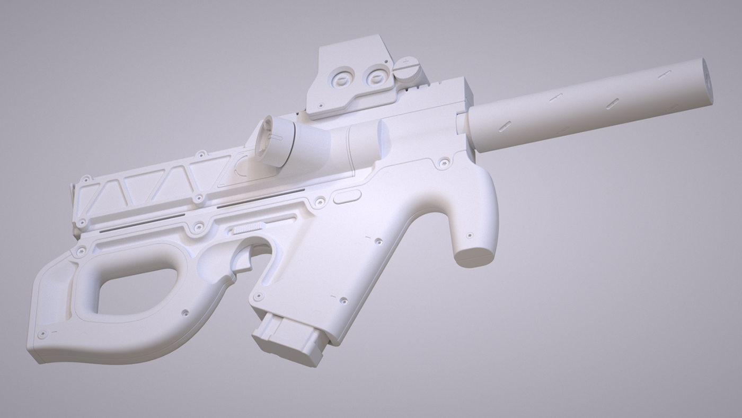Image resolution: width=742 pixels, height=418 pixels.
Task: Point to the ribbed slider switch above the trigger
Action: [x=248, y=228]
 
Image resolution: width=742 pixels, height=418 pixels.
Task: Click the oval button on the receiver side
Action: [x=348, y=198]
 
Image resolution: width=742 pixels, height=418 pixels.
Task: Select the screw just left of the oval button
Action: [x=320, y=202]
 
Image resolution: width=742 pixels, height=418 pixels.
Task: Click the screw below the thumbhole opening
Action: [x=185, y=313]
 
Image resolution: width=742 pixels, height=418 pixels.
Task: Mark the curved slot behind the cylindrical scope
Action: [x=243, y=164]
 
